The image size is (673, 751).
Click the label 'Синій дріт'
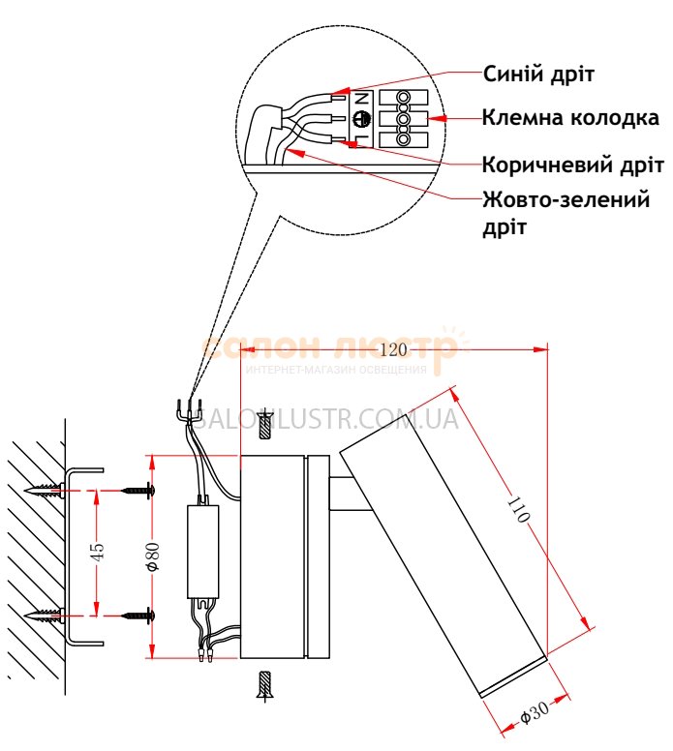(537, 75)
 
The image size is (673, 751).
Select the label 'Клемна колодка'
(570, 119)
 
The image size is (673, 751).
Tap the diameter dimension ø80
(152, 556)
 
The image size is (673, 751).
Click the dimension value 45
(97, 552)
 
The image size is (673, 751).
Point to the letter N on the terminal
(359, 99)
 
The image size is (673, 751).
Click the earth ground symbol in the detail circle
(359, 120)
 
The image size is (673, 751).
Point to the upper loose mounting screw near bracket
(138, 491)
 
